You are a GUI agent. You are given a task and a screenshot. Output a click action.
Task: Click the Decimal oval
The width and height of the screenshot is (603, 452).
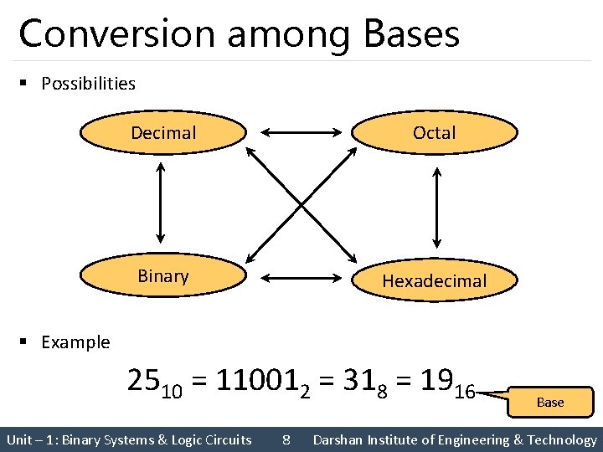tap(163, 133)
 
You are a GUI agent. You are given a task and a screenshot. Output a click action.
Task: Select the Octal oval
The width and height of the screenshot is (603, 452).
tap(434, 133)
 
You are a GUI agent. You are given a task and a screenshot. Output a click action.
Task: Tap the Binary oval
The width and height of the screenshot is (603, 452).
tap(163, 276)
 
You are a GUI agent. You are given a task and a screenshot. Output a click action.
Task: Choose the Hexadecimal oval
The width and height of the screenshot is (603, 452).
tap(434, 280)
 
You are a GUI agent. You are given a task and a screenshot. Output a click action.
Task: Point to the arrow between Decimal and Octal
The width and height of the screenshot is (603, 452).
tap(299, 131)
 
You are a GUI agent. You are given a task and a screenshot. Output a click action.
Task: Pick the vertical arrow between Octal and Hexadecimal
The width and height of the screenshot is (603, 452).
tap(436, 206)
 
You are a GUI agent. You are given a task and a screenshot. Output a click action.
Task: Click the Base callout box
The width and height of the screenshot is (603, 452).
tap(550, 402)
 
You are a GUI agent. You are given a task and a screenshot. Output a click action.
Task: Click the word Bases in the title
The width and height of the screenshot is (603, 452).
tap(411, 33)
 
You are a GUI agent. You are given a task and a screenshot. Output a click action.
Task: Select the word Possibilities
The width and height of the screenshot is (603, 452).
tap(88, 84)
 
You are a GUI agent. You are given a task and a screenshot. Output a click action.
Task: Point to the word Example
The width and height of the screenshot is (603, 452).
tap(75, 342)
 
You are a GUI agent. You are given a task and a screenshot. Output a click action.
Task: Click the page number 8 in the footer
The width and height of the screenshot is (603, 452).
tap(286, 439)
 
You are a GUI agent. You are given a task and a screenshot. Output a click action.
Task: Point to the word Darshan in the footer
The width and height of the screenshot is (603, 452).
tap(341, 439)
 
